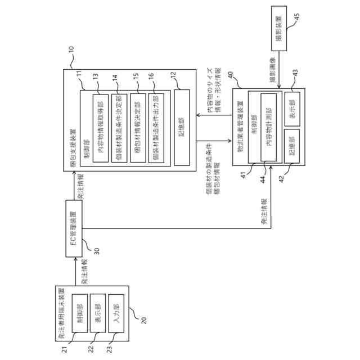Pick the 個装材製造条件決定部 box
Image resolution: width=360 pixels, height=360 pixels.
[x=119, y=128]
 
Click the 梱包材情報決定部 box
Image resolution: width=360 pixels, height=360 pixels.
[x=138, y=128]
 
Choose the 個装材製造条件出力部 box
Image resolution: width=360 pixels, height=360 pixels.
[x=156, y=128]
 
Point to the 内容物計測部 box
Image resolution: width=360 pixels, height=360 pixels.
[x=269, y=129]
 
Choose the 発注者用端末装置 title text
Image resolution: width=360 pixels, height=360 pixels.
[x=60, y=315]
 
